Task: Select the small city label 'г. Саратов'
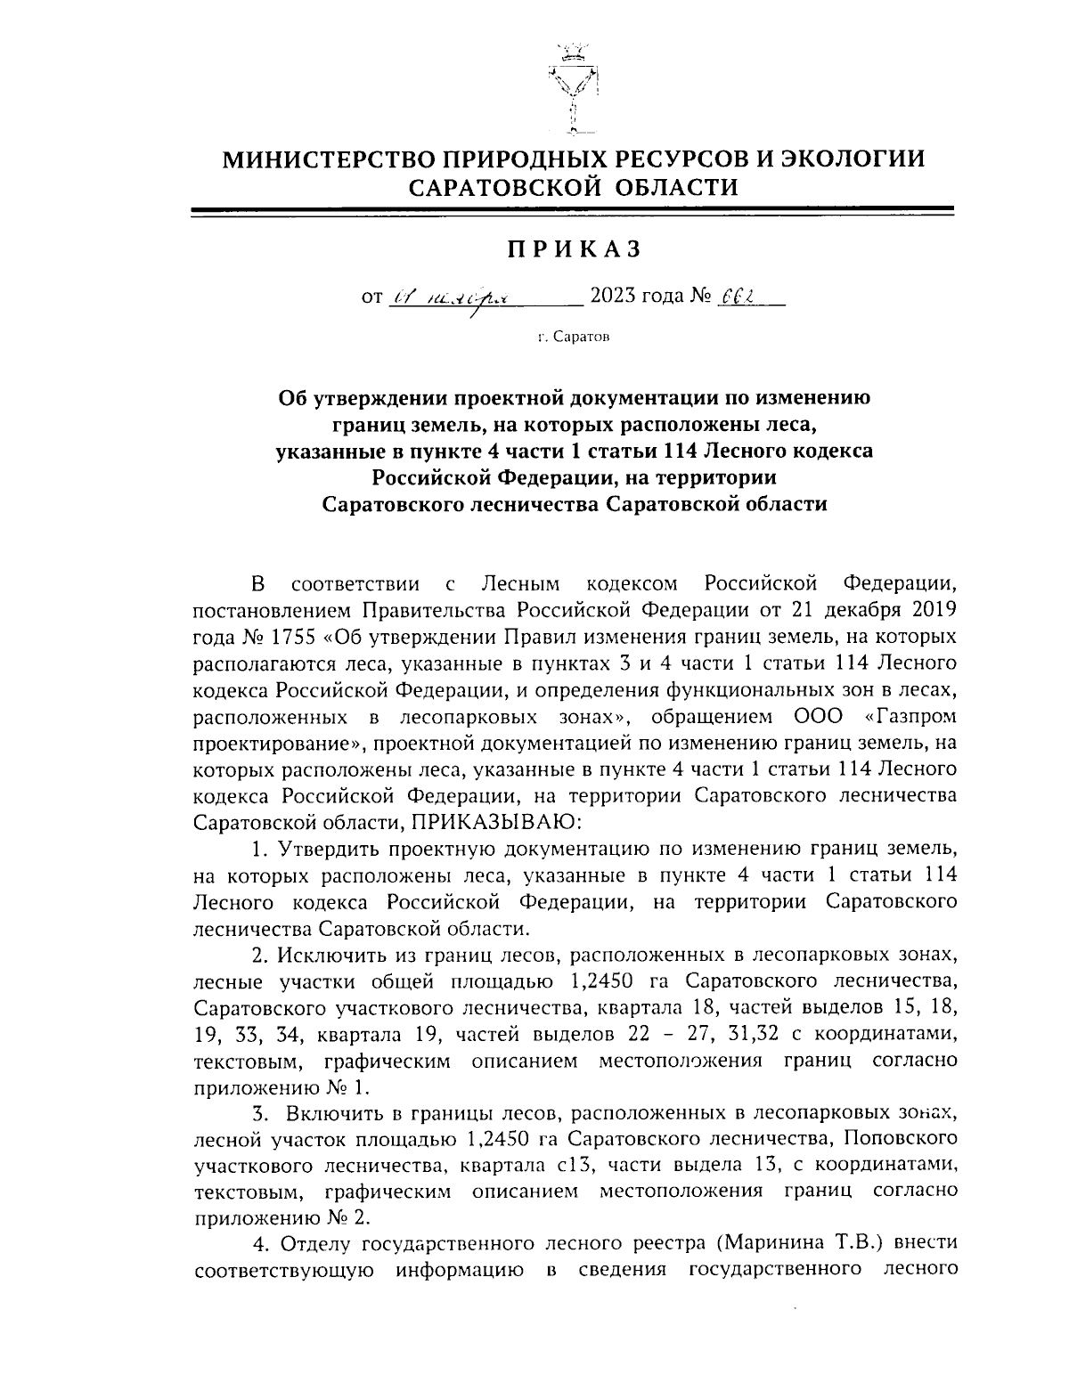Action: click(574, 337)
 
